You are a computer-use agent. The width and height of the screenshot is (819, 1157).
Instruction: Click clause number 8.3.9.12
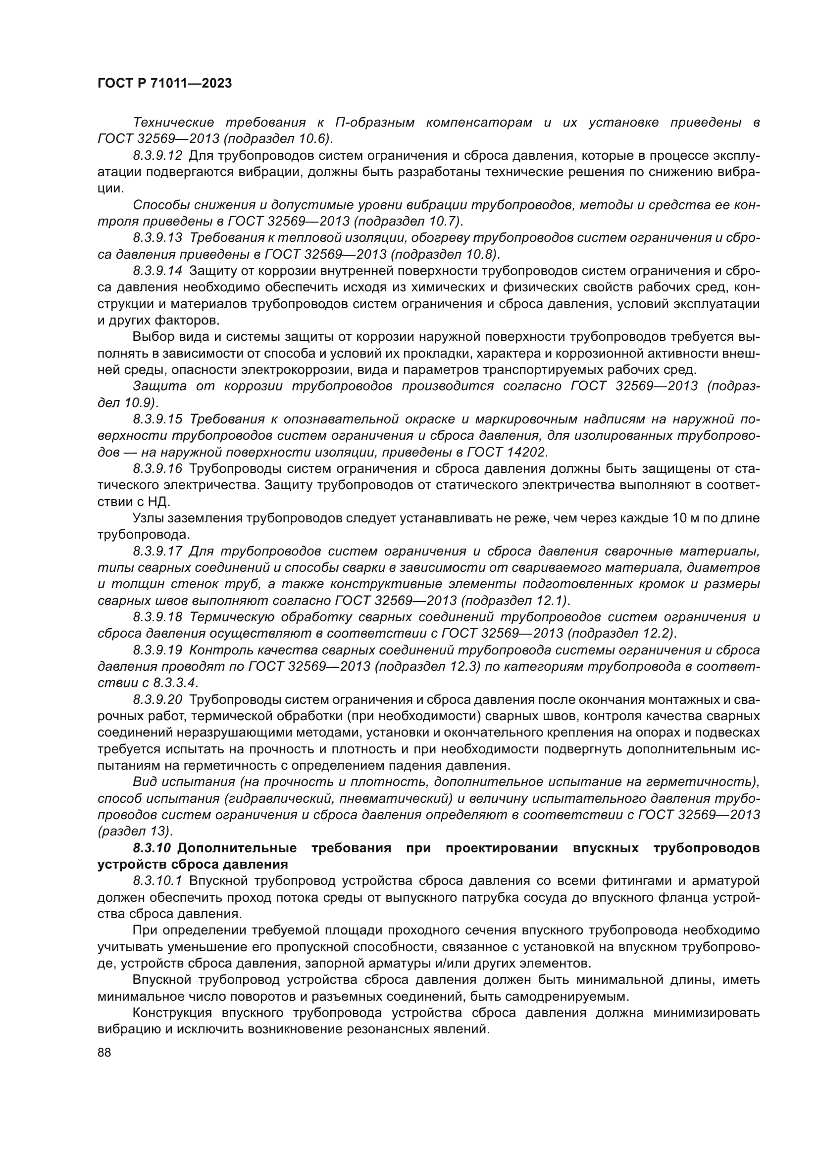coord(157,156)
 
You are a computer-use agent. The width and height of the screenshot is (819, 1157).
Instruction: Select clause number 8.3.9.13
coord(157,238)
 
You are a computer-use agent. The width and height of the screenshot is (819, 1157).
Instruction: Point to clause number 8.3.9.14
coord(157,271)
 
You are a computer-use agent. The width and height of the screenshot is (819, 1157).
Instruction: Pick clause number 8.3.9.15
coord(157,419)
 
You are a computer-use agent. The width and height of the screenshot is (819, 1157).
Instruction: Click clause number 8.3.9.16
coord(157,468)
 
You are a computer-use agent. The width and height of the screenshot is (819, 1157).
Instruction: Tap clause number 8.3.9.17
coord(157,551)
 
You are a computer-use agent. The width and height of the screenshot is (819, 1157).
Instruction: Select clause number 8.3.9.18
coord(157,617)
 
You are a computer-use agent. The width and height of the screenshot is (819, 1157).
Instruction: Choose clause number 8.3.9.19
coord(157,650)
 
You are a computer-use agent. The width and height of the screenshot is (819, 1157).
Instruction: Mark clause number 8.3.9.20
coord(157,700)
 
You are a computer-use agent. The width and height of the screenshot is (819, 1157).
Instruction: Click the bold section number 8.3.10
coord(154,848)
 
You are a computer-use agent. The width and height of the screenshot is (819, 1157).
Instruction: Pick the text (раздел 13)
coord(134,832)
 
